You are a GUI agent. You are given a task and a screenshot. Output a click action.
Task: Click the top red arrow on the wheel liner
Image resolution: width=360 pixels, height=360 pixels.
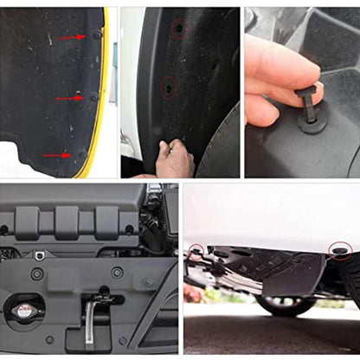point(72,38)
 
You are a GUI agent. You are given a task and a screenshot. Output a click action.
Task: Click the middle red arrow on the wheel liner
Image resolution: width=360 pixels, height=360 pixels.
point(68,98)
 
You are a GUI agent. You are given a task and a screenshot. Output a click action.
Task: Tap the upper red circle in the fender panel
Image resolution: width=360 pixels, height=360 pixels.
point(178,28)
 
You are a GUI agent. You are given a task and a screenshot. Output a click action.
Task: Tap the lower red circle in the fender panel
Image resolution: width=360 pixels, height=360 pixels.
point(167,87)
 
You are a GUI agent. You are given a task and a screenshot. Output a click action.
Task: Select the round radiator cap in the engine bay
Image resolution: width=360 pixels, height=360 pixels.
point(26,310)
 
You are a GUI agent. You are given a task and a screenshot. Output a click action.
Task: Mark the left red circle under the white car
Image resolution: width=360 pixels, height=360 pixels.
point(198,251)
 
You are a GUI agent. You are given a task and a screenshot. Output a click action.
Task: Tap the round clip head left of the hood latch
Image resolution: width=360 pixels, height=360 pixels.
point(37,273)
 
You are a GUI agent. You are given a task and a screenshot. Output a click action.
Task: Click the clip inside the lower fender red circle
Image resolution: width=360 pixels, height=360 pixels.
point(167,87)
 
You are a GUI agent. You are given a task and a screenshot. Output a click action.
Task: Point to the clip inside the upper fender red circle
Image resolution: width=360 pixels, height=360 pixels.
point(178,28)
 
